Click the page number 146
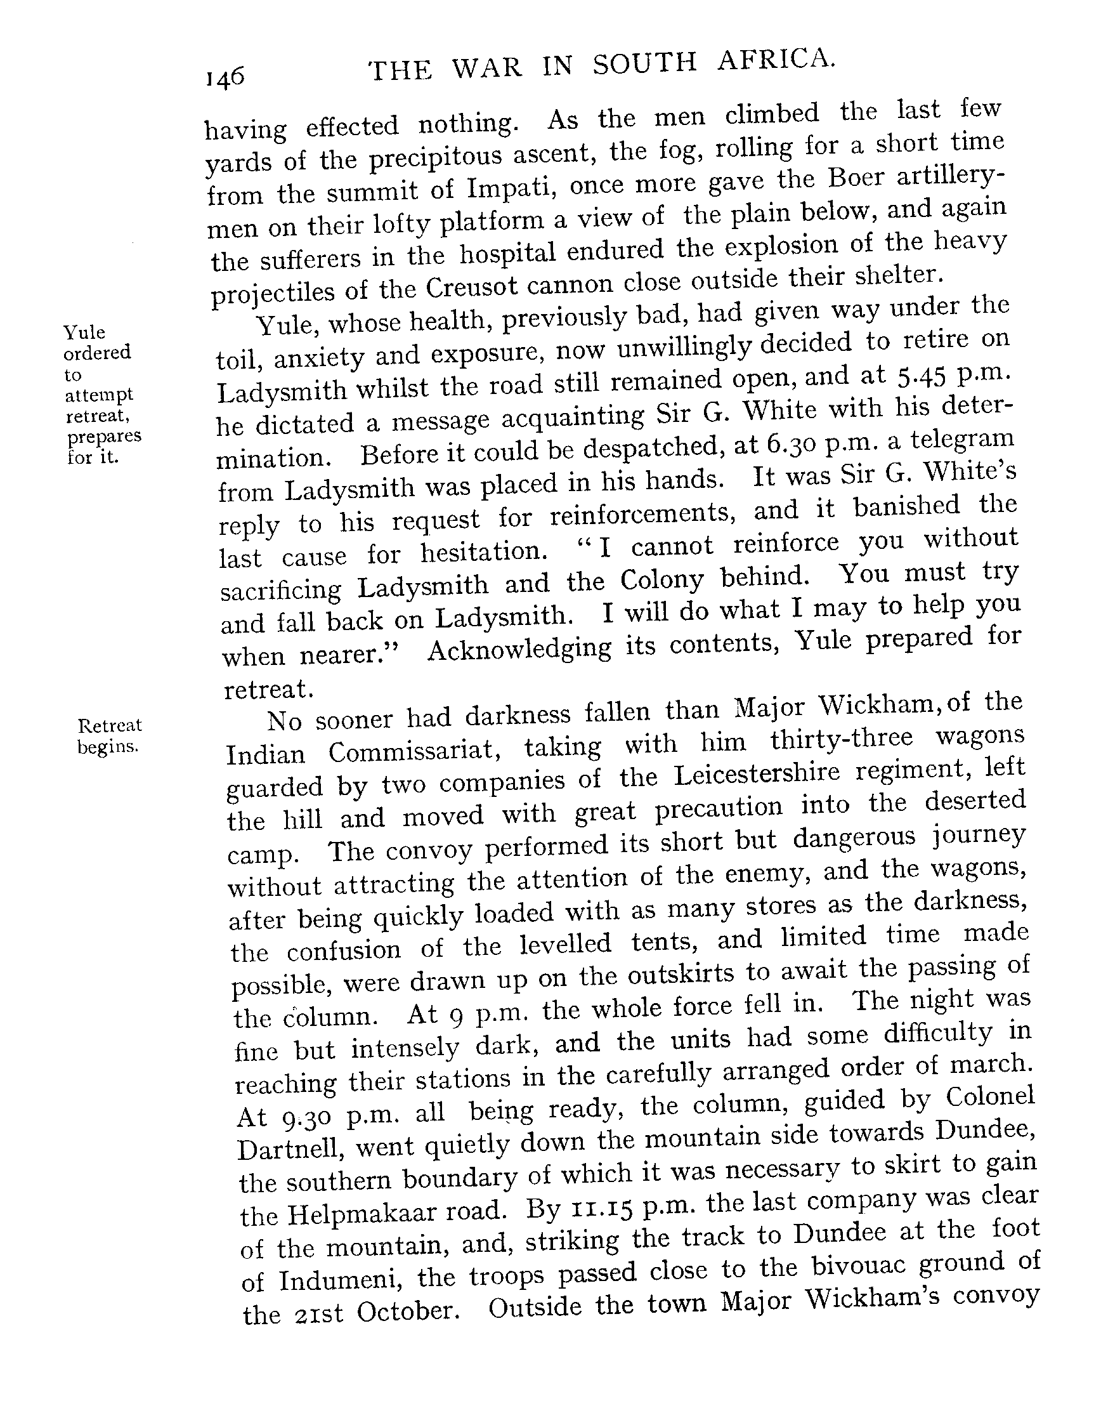click(225, 78)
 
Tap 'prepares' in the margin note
click(105, 436)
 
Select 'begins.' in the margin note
click(108, 747)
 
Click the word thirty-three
click(842, 740)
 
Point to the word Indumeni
click(341, 1280)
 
